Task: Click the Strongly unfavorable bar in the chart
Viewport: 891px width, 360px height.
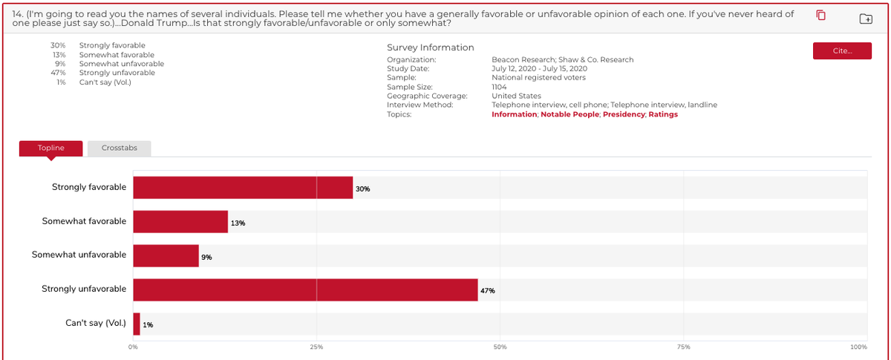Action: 305,289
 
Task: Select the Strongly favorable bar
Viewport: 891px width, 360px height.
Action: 243,188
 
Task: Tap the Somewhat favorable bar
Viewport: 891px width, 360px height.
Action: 180,222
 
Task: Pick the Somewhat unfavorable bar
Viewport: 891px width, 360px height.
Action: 166,256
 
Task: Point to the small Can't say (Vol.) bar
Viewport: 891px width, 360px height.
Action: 137,324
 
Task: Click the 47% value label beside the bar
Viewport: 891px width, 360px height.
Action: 487,291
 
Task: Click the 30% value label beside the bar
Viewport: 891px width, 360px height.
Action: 362,189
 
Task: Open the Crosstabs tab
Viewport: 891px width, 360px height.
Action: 119,148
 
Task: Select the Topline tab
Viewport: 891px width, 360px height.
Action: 50,148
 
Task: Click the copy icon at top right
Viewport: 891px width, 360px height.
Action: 821,16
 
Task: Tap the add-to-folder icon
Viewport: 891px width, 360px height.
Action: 866,19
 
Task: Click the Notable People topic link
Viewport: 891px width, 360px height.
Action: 569,114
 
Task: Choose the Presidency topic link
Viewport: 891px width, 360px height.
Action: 624,114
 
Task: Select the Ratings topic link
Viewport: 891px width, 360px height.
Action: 663,114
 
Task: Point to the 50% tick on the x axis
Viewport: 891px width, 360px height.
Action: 500,347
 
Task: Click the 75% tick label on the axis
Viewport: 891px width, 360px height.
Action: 683,347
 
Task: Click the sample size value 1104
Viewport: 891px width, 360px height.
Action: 499,87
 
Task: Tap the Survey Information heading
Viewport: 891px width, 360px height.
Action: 430,48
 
